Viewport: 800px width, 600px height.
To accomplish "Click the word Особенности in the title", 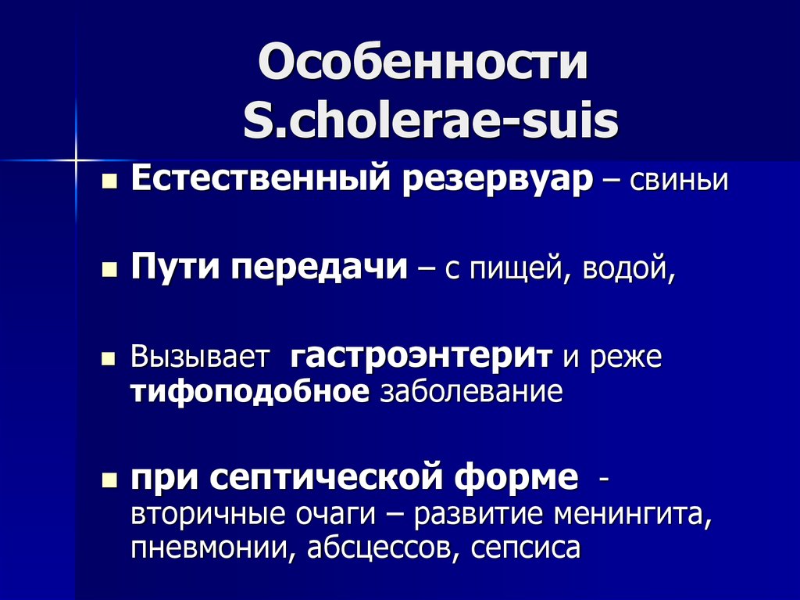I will pos(423,66).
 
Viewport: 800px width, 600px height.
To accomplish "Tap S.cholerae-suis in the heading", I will pos(430,122).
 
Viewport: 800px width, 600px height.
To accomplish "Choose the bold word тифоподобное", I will pos(249,390).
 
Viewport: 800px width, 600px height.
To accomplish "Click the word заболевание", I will pos(471,391).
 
